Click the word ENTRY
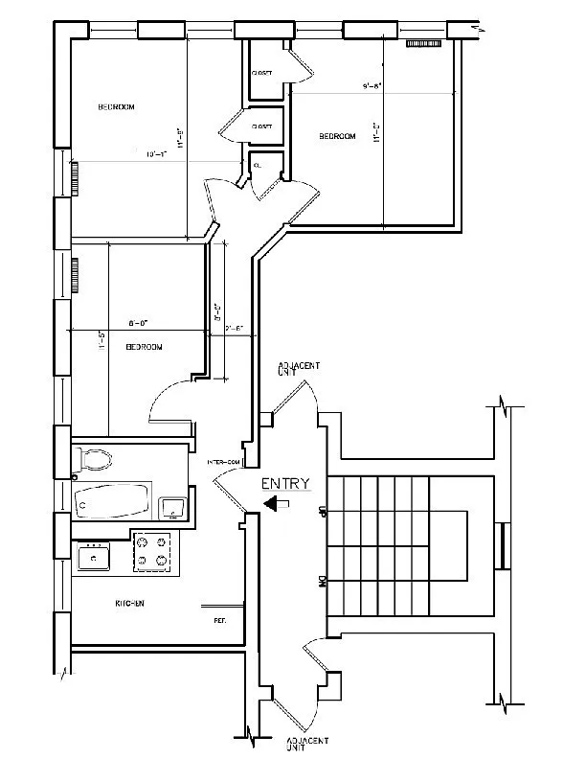pos(285,484)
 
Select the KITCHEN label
pos(129,604)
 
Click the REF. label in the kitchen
pos(219,621)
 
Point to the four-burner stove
pos(154,552)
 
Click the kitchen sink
pos(94,553)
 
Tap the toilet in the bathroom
pos(93,461)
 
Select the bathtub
pos(113,499)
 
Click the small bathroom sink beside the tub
pos(170,506)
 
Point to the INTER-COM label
pos(223,463)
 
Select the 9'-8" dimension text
pos(372,86)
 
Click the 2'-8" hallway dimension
pos(234,329)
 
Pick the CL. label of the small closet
pos(257,165)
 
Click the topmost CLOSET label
pos(261,73)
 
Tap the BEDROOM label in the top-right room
pos(337,137)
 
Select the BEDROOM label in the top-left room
pos(116,106)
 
